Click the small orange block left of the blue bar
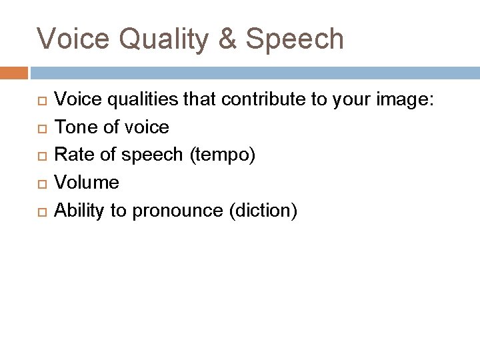click(13, 73)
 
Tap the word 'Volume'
click(87, 182)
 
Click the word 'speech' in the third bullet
click(152, 155)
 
